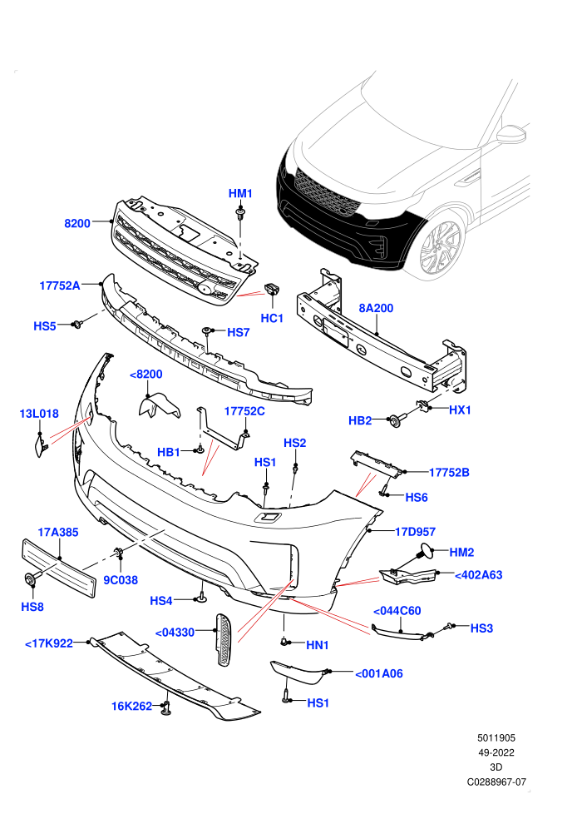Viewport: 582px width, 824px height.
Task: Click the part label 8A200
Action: pos(376,308)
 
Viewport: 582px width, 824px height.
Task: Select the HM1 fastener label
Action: pos(240,193)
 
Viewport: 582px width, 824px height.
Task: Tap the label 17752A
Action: pos(60,285)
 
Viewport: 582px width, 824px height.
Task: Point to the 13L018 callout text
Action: pos(39,414)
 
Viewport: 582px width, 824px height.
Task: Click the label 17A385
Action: pos(57,533)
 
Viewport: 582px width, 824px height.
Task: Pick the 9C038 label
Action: pos(121,580)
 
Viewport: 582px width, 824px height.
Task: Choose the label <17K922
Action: pos(49,643)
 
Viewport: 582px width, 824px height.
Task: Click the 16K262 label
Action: pos(131,707)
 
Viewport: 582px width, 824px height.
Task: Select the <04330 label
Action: pos(175,633)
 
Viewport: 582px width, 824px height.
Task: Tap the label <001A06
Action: pos(379,673)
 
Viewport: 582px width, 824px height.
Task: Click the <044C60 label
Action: pos(397,611)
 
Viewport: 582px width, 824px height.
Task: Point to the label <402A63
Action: pos(478,575)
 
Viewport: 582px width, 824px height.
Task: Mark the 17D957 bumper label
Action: pos(415,532)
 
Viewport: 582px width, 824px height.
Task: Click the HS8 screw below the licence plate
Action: pos(30,580)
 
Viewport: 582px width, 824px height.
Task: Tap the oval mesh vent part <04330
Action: pos(224,639)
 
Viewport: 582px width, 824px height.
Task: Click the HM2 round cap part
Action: pos(425,552)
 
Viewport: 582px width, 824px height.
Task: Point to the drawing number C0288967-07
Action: pos(496,782)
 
